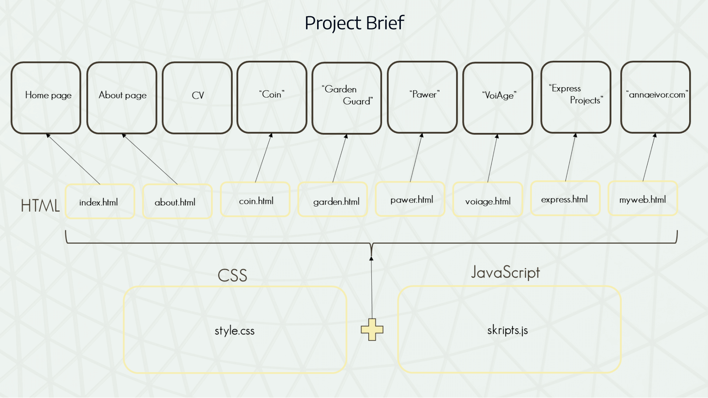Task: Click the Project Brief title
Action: point(354,23)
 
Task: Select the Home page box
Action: point(46,98)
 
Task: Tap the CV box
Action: point(197,98)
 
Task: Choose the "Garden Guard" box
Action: point(347,98)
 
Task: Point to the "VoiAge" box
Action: point(498,98)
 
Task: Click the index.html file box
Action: point(100,202)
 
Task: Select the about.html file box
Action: point(177,202)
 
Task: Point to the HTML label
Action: point(40,205)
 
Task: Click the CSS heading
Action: point(232,275)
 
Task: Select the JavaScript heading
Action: point(505,273)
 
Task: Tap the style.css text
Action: point(235,331)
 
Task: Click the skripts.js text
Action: point(507,330)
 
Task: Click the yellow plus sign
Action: point(372,330)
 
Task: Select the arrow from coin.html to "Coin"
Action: point(263,158)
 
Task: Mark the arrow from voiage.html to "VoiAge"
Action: point(492,158)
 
